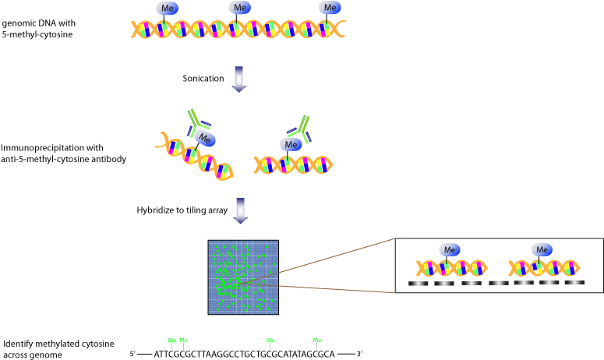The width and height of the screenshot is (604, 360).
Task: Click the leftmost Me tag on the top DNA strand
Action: (x=167, y=9)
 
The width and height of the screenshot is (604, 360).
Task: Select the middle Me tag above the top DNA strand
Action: (x=239, y=8)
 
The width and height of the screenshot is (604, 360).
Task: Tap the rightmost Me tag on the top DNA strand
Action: (x=330, y=8)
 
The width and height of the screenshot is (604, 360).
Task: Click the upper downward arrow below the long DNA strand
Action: (x=239, y=79)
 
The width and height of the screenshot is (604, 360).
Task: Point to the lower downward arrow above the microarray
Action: (x=241, y=210)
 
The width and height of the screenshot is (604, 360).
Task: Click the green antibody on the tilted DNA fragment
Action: (x=197, y=122)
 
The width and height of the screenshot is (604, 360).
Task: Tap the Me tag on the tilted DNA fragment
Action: (x=205, y=139)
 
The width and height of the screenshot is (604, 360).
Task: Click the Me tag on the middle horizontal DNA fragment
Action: (x=291, y=144)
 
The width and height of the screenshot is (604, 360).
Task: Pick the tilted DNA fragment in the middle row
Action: (x=196, y=157)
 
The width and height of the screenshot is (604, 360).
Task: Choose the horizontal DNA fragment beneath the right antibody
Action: (x=293, y=164)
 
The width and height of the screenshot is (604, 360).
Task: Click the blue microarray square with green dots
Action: (x=243, y=277)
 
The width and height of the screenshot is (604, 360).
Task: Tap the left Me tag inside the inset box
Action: (x=449, y=249)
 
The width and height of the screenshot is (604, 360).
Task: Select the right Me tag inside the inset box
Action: (x=542, y=249)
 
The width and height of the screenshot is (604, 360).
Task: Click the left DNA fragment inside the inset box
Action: (x=452, y=268)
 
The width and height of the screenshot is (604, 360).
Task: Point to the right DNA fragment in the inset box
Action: (x=544, y=268)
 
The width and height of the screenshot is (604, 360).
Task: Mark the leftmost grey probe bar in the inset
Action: (x=419, y=284)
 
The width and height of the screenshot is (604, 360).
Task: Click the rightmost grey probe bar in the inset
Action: (x=574, y=283)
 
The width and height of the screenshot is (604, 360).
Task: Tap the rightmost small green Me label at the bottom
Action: (x=317, y=341)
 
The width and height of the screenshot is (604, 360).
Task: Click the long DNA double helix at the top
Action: (x=238, y=30)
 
